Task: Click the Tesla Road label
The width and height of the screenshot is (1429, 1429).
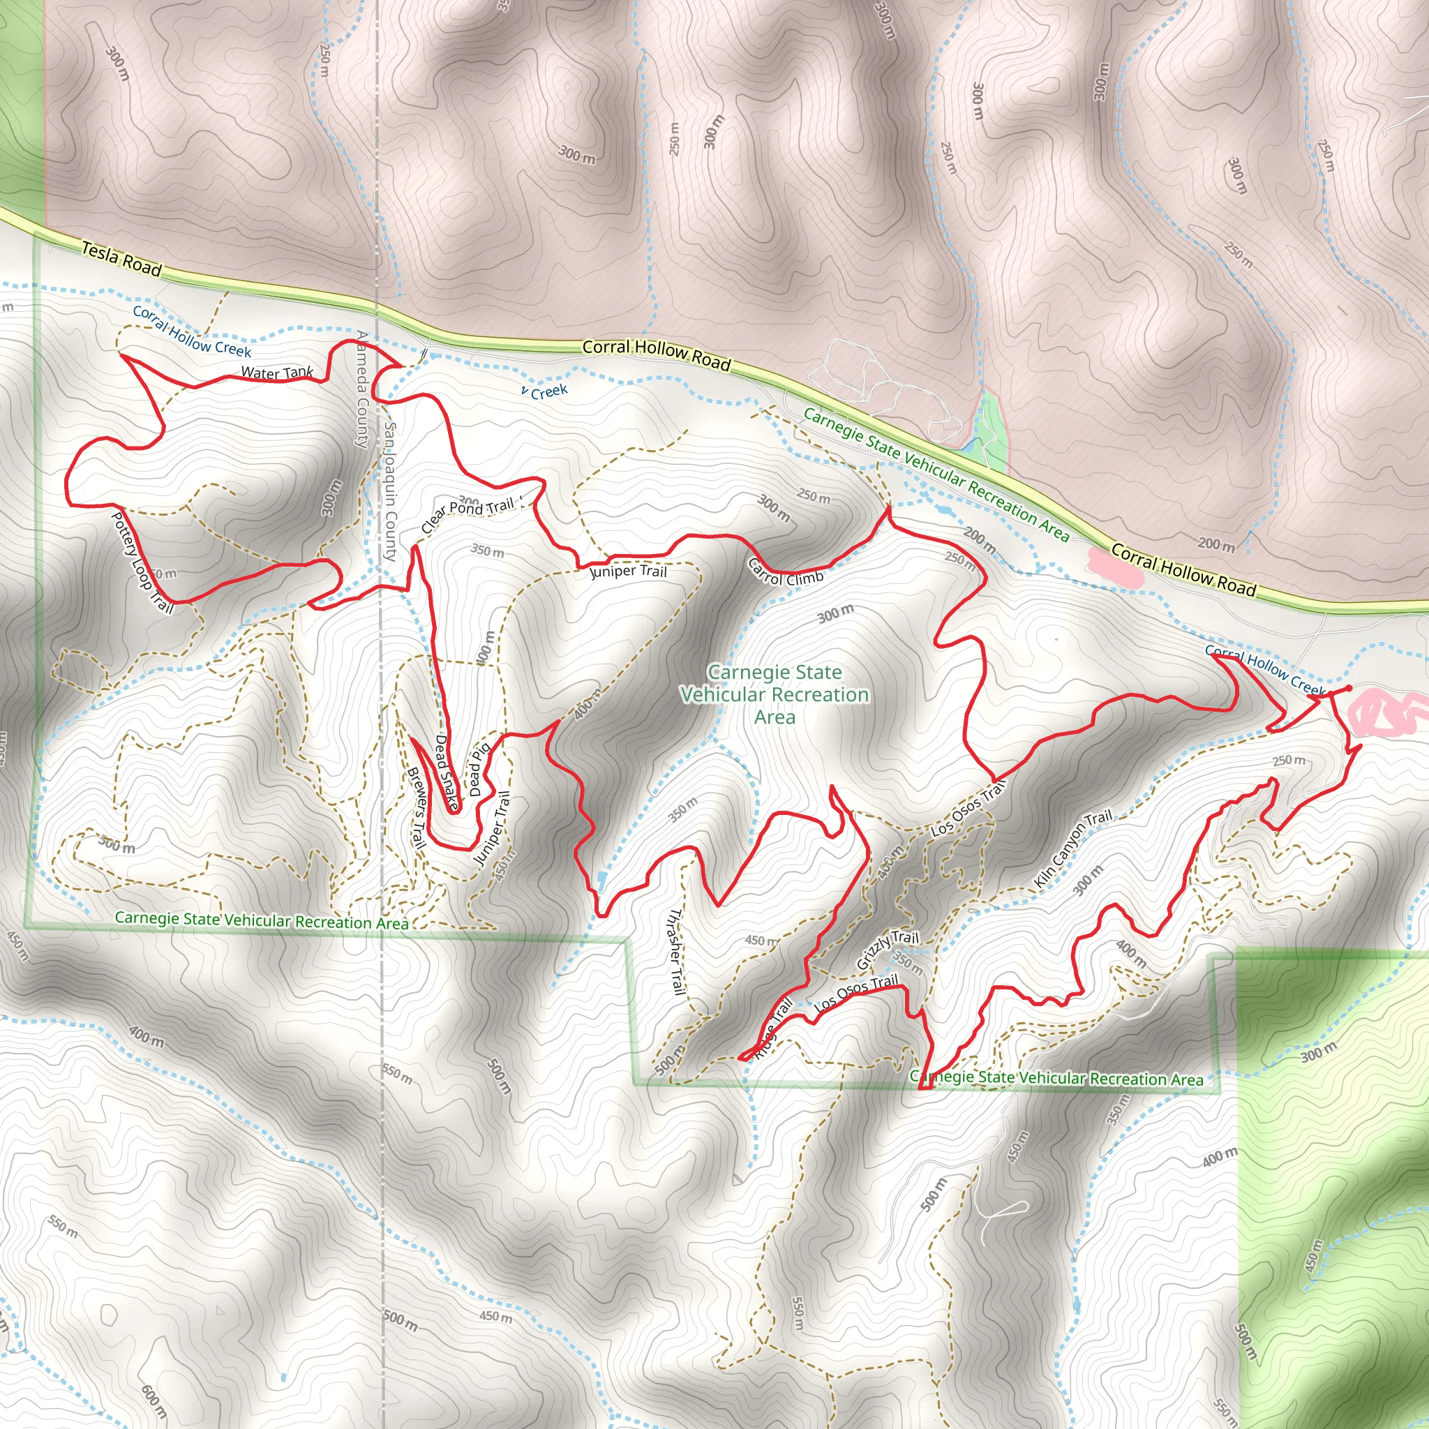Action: click(x=121, y=258)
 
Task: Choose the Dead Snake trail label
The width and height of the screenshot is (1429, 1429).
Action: click(x=445, y=772)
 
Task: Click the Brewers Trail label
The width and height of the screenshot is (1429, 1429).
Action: click(x=417, y=808)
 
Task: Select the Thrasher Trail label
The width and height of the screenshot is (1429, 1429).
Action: click(x=675, y=950)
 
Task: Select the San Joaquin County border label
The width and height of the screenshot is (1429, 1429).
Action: click(x=391, y=491)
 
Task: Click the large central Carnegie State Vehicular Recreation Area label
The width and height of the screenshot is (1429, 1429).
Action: click(x=775, y=694)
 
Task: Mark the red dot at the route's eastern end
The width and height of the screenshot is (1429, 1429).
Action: click(x=1347, y=689)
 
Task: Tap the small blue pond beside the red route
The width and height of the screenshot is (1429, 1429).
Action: click(x=601, y=879)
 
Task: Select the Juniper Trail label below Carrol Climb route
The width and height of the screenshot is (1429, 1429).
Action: click(x=628, y=571)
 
